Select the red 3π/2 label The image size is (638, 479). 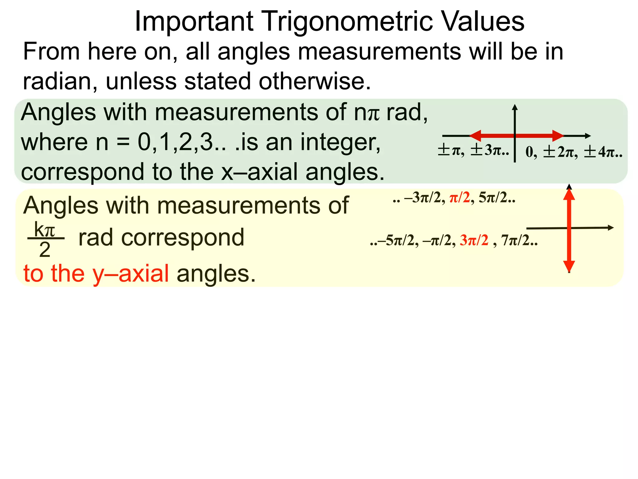(474, 240)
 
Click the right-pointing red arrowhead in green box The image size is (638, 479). (558, 136)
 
